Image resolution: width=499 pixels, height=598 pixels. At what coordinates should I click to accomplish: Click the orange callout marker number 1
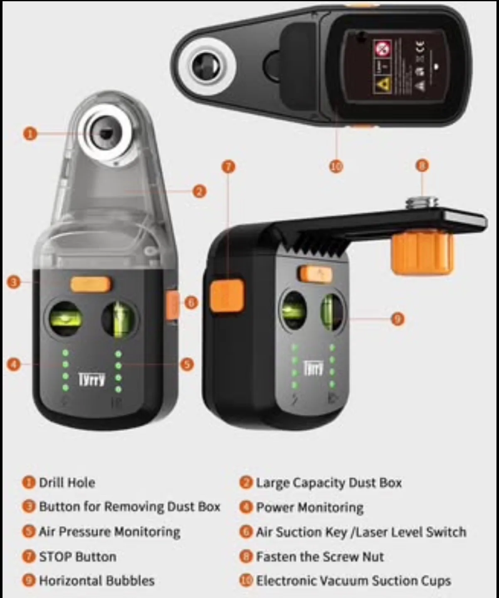pyautogui.click(x=30, y=134)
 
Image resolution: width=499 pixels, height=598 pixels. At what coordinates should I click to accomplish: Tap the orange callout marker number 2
pyautogui.click(x=200, y=191)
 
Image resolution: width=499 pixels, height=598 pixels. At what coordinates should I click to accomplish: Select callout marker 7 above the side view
pyautogui.click(x=228, y=167)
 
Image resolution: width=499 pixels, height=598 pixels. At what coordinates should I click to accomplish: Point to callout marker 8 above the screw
pyautogui.click(x=422, y=166)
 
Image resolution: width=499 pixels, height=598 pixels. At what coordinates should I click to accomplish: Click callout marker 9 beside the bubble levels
pyautogui.click(x=398, y=319)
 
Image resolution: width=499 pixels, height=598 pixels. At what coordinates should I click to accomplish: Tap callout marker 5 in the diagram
pyautogui.click(x=187, y=365)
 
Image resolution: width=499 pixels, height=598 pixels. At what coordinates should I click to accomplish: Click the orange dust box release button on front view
pyautogui.click(x=91, y=284)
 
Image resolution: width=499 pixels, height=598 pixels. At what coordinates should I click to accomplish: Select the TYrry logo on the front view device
pyautogui.click(x=92, y=379)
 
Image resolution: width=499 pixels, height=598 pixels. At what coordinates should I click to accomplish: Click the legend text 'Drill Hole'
pyautogui.click(x=67, y=483)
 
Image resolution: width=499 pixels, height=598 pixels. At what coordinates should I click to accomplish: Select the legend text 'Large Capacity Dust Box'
pyautogui.click(x=329, y=483)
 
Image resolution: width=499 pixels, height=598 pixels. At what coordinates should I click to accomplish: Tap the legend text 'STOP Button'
pyautogui.click(x=77, y=556)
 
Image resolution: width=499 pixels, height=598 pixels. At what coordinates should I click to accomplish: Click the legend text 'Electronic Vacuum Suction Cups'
pyautogui.click(x=353, y=581)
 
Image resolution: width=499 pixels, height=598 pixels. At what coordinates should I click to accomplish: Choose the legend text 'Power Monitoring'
pyautogui.click(x=309, y=507)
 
